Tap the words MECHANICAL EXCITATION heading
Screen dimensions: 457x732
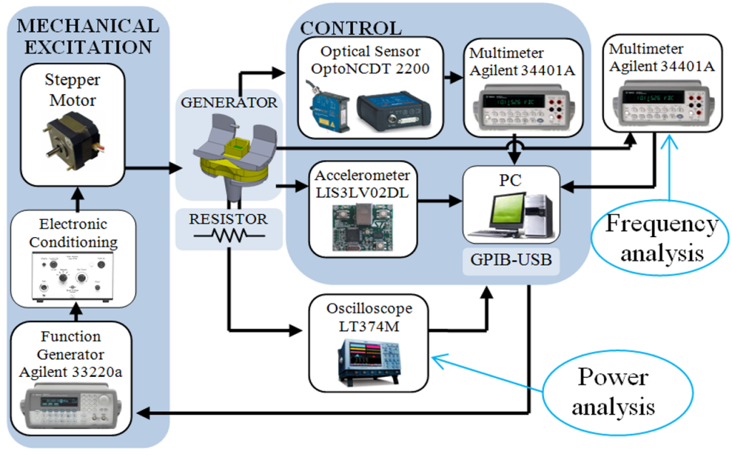point(87,36)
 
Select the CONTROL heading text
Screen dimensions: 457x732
point(350,29)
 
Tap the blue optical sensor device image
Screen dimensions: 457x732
point(325,107)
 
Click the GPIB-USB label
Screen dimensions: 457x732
point(510,260)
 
